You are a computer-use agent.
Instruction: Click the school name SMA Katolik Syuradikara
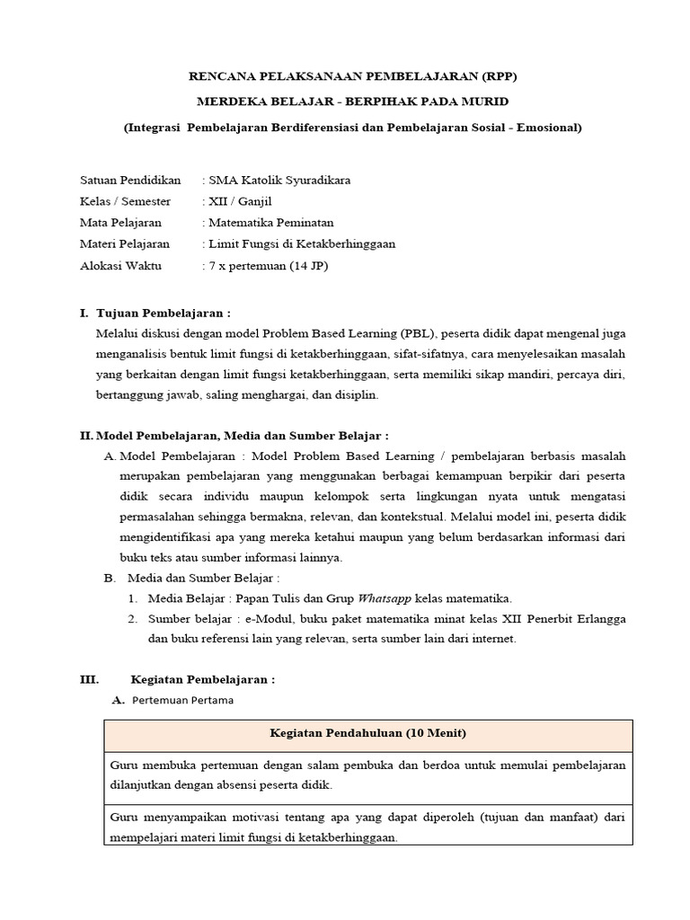[279, 180]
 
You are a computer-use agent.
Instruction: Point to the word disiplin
[356, 394]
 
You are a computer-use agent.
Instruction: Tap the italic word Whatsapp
[385, 598]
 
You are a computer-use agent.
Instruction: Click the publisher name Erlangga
[600, 619]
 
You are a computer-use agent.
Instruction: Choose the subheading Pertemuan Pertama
[182, 701]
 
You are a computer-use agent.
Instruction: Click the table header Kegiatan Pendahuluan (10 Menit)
[368, 734]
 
